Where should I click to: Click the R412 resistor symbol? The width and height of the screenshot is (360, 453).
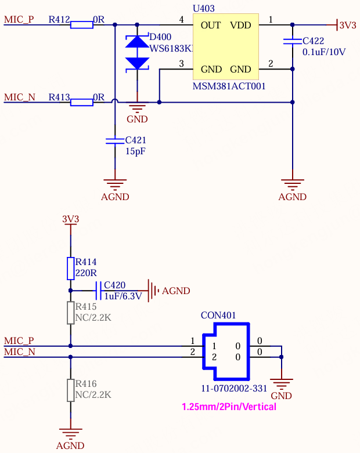click(x=82, y=25)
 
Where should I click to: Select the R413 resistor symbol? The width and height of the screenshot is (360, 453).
click(x=82, y=102)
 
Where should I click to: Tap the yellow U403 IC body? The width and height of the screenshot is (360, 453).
click(x=226, y=46)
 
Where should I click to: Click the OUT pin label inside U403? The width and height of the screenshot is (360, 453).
click(x=211, y=26)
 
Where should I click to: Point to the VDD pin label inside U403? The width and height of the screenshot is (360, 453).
click(x=240, y=26)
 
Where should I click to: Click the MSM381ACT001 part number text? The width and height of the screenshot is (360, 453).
click(x=229, y=86)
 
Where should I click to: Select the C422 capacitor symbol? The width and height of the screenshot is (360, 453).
click(x=292, y=41)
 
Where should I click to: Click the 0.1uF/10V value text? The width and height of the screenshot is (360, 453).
click(x=324, y=52)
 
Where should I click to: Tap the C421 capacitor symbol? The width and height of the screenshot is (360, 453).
click(x=115, y=141)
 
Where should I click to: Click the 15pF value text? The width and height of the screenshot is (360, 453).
click(x=135, y=151)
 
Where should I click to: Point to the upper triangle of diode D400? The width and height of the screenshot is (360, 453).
click(x=137, y=42)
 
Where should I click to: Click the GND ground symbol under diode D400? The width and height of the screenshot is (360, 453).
click(x=137, y=108)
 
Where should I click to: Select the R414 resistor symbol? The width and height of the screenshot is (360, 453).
click(x=71, y=269)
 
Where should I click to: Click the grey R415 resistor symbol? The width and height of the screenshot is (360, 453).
click(x=71, y=313)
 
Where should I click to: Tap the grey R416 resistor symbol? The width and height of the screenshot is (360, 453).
click(x=71, y=390)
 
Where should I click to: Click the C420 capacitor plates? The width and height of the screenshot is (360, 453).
click(x=98, y=291)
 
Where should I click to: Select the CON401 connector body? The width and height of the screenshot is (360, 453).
click(x=226, y=351)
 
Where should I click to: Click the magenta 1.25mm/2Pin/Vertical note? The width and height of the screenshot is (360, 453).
click(x=229, y=407)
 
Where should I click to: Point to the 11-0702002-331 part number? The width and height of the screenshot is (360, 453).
click(x=234, y=388)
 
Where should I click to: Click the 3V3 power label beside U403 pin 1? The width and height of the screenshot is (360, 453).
click(x=348, y=25)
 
